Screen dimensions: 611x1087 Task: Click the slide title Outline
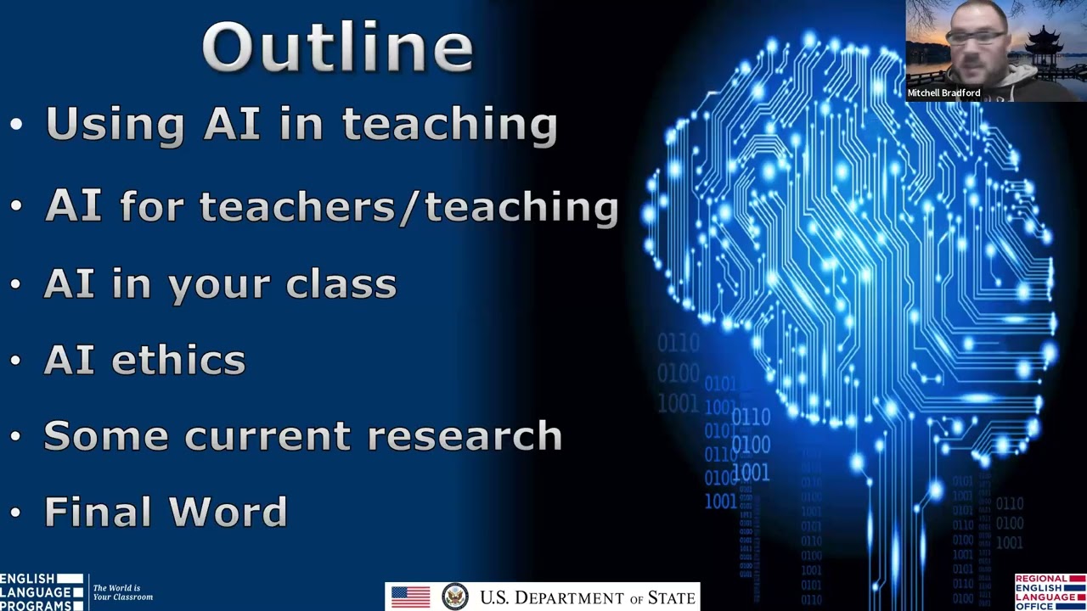(338, 48)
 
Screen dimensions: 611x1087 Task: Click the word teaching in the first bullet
(449, 125)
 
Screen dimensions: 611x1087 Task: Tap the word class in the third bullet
(341, 283)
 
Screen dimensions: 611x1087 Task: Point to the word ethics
(178, 360)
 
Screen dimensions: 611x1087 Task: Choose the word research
(465, 436)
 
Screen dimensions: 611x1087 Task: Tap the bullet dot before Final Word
(16, 513)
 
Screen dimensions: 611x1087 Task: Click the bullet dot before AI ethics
(16, 361)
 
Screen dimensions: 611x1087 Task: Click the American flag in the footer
(410, 597)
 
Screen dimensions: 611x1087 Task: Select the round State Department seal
(455, 597)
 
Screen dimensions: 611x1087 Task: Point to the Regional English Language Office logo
(1050, 592)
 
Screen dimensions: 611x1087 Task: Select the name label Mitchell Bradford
(943, 92)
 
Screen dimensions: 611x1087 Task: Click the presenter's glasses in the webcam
(977, 38)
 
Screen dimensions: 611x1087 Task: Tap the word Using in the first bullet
(114, 125)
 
